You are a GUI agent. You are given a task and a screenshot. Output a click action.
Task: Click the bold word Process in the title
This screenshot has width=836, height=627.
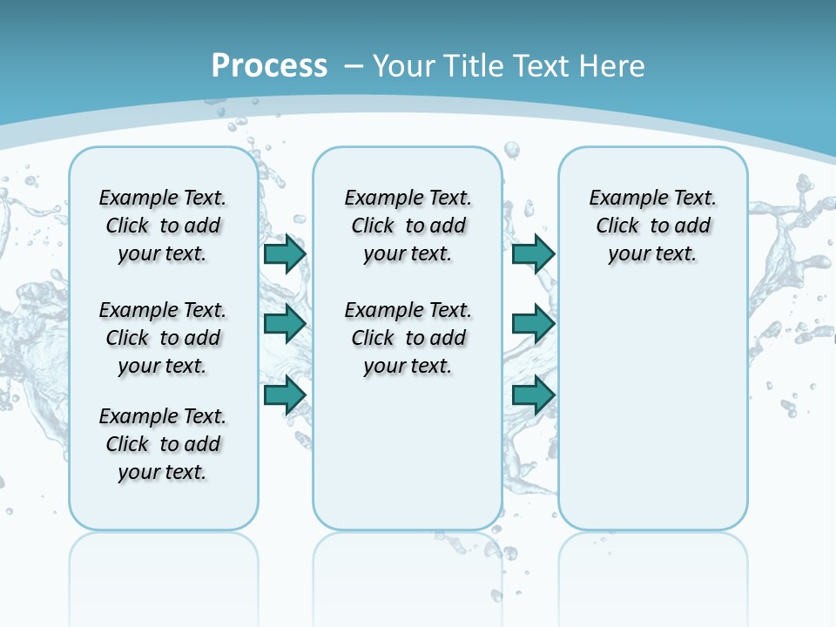pyautogui.click(x=269, y=65)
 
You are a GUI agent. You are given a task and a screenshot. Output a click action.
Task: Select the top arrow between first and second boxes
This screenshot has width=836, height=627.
pyautogui.click(x=284, y=254)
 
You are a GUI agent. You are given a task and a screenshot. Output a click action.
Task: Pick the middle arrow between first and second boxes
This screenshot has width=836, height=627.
pyautogui.click(x=284, y=324)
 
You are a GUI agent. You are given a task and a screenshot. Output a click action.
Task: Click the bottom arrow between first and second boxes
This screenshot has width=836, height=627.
pyautogui.click(x=284, y=395)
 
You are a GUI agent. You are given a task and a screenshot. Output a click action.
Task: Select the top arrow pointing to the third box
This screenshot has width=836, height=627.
pyautogui.click(x=533, y=254)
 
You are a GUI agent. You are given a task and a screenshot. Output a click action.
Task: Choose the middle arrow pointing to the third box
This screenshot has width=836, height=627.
pyautogui.click(x=533, y=324)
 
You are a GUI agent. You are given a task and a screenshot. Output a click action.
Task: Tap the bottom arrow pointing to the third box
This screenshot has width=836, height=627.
pyautogui.click(x=533, y=395)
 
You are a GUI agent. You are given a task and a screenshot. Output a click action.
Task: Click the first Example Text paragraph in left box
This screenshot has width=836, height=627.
pyautogui.click(x=163, y=226)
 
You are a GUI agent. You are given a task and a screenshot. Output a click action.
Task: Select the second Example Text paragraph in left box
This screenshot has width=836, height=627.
pyautogui.click(x=163, y=338)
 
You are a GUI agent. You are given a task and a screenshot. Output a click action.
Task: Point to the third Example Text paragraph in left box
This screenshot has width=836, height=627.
pyautogui.click(x=163, y=444)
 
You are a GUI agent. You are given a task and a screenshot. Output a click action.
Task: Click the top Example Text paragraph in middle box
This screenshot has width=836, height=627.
pyautogui.click(x=408, y=226)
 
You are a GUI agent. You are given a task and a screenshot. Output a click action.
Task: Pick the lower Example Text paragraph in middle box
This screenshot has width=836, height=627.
pyautogui.click(x=408, y=338)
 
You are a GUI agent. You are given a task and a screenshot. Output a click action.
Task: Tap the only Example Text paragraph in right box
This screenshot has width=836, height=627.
pyautogui.click(x=652, y=226)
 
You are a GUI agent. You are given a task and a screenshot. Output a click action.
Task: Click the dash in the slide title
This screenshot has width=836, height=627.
pyautogui.click(x=354, y=65)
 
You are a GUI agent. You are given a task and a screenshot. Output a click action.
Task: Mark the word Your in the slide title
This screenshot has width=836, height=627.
pyautogui.click(x=405, y=65)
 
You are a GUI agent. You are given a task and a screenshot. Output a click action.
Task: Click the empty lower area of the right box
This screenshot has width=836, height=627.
pyautogui.click(x=652, y=409)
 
